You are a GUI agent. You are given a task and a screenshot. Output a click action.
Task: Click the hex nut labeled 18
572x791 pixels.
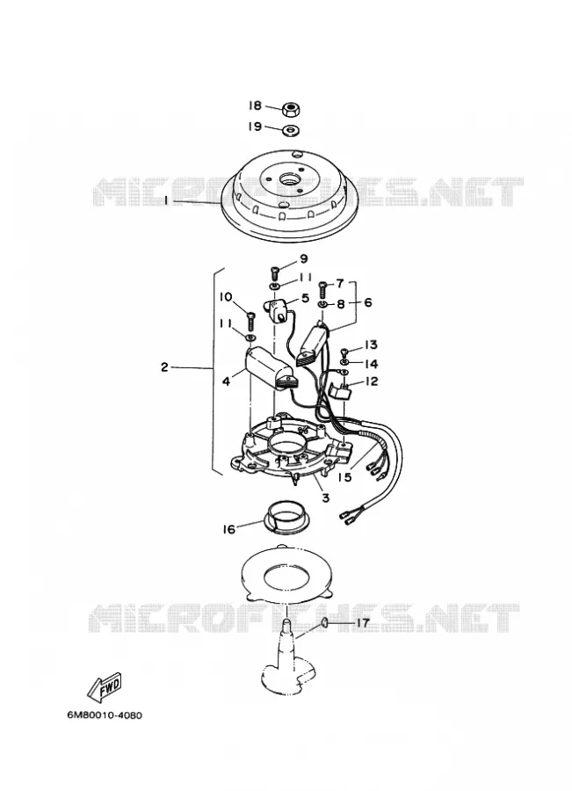[291, 108]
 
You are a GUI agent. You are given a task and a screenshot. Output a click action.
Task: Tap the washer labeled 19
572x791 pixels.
[291, 130]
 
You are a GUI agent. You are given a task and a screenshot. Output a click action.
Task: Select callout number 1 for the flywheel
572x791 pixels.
[165, 200]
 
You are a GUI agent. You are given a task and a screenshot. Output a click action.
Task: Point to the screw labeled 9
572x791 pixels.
[274, 272]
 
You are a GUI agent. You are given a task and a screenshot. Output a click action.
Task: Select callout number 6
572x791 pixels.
[367, 302]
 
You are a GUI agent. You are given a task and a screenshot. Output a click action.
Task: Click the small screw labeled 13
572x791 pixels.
[345, 351]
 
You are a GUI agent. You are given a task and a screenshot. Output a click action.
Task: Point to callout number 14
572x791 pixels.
[371, 364]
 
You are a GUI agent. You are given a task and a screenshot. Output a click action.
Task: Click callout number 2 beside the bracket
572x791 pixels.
[164, 367]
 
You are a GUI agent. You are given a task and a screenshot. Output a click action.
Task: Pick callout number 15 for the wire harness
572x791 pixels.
[345, 476]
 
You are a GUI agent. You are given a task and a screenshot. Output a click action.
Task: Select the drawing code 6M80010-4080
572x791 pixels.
[105, 715]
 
